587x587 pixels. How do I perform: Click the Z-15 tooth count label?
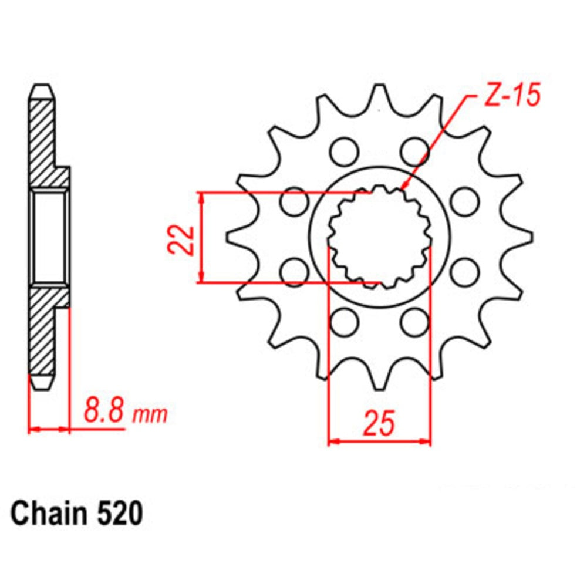pos(508,96)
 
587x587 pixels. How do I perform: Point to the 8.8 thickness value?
pos(104,411)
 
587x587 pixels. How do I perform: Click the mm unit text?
pos(150,416)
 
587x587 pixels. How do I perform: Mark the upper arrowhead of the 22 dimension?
pos(202,197)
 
